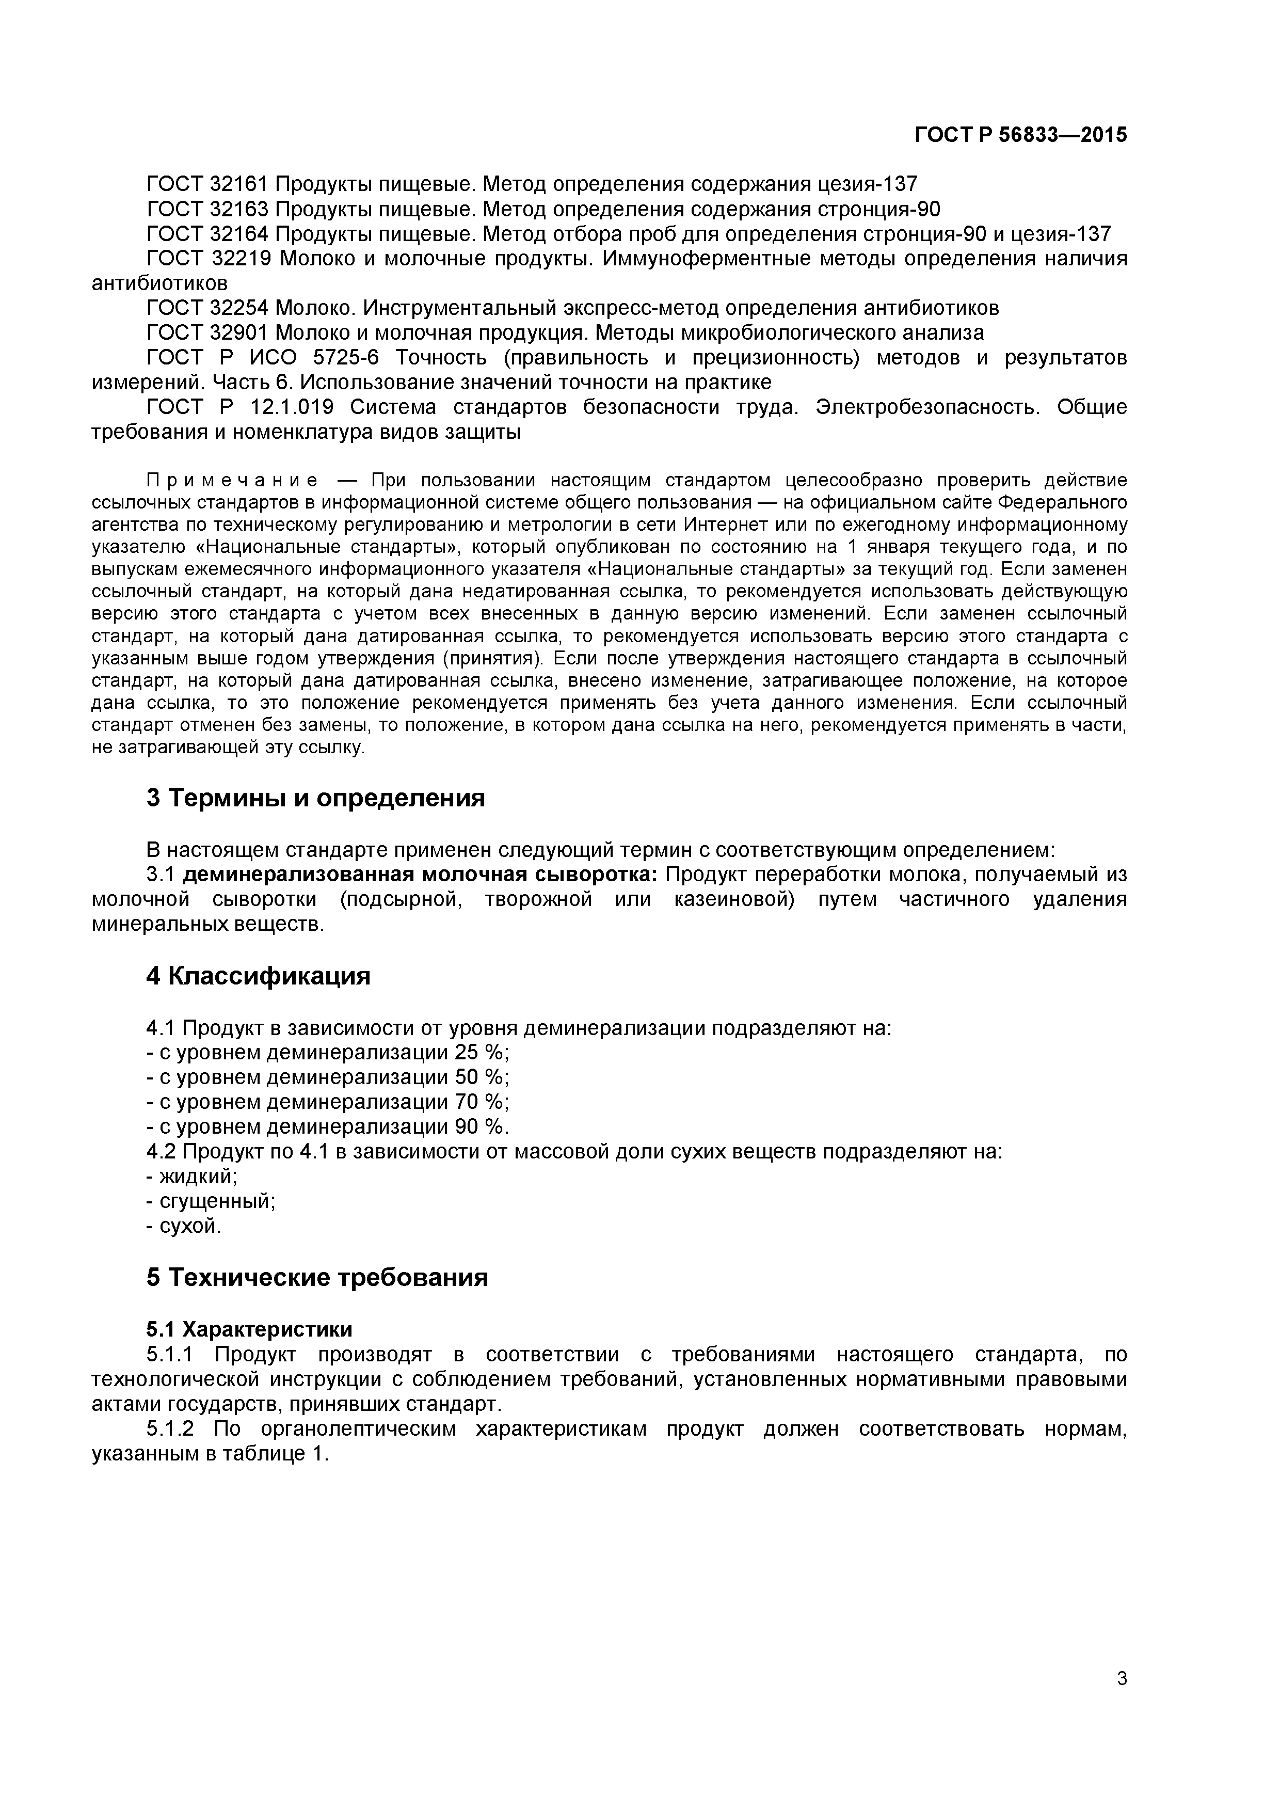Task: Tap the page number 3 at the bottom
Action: (1122, 1700)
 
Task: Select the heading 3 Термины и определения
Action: (315, 798)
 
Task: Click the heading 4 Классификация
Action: (258, 976)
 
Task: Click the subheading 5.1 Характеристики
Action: (249, 1329)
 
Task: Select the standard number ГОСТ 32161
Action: (208, 185)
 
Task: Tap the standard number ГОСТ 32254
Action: (208, 308)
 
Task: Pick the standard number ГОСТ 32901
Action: (208, 332)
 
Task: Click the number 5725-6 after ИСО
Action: (346, 357)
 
